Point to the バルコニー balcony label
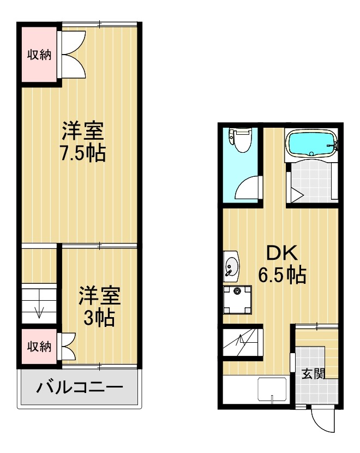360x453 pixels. click(79, 389)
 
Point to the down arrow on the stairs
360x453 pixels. click(39, 311)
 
